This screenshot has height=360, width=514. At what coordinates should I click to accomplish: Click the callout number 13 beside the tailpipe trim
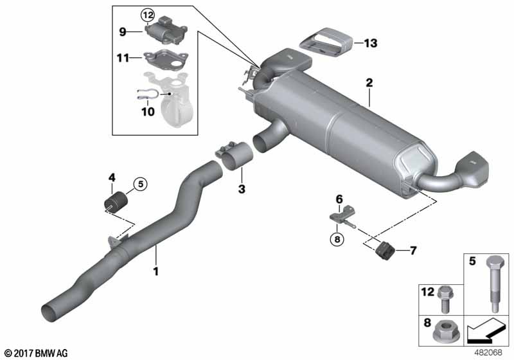[x=370, y=44]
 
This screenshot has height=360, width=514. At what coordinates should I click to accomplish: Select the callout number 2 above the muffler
[x=369, y=83]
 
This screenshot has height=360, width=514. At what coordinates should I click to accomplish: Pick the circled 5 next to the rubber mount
[x=139, y=184]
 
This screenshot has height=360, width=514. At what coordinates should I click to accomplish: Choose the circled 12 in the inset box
[x=148, y=14]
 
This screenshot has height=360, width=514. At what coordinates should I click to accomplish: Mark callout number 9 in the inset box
[x=121, y=30]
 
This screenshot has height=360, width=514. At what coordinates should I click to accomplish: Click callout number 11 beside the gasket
[x=122, y=58]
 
